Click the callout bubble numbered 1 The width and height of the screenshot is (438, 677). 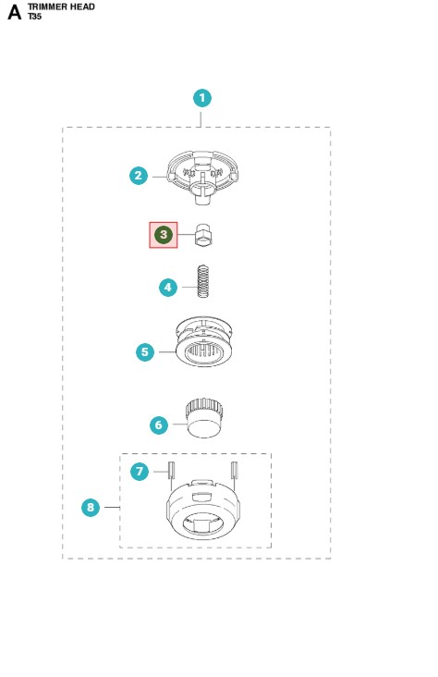coord(202,98)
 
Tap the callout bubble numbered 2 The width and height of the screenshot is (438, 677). coord(139,176)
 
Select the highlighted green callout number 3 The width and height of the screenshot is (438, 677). coord(164,234)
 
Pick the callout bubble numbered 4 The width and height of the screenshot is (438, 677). coord(168,287)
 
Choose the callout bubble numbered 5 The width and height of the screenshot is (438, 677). coord(145,351)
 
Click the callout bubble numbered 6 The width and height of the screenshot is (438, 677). coord(159,425)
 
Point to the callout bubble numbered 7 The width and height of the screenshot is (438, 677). coord(140,471)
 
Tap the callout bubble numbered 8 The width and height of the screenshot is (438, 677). coord(91,508)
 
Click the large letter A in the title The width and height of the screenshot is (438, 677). coord(14,12)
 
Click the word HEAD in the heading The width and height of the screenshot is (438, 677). coord(83,6)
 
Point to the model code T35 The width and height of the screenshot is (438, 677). coord(34,17)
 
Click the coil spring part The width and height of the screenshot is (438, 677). coord(203,281)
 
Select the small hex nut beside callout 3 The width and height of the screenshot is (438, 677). coord(203,235)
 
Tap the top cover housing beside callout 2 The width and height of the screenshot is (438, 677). coord(202,177)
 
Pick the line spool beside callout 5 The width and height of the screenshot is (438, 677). coord(204,341)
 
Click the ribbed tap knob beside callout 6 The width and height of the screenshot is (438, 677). coord(204,418)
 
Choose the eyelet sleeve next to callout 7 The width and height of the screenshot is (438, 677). coord(170,470)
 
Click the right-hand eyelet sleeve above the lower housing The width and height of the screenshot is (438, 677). coord(235,470)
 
